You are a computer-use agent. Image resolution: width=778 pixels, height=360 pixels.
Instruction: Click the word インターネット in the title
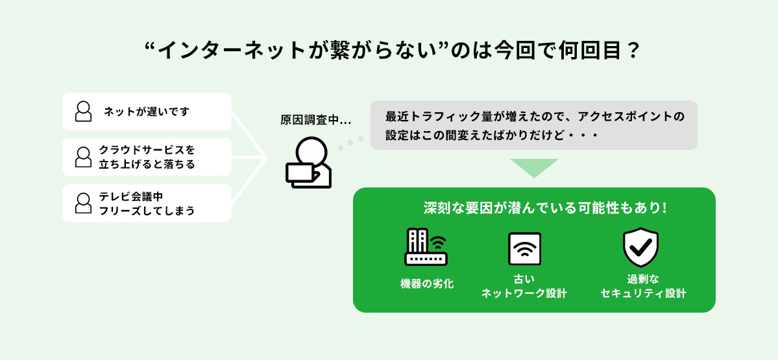click(223, 51)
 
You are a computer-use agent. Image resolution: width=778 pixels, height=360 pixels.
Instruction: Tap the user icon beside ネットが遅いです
click(83, 112)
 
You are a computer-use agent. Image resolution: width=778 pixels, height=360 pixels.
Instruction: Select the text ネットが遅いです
click(147, 112)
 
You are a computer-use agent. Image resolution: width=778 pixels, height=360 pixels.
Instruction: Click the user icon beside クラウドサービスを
click(83, 157)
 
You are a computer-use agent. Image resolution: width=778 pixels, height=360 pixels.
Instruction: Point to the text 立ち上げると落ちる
click(147, 165)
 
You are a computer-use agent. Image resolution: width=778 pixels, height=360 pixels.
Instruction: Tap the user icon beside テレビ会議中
click(83, 203)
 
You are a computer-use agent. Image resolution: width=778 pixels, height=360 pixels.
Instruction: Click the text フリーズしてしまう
click(147, 211)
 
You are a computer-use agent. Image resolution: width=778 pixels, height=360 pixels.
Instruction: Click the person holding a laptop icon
click(308, 163)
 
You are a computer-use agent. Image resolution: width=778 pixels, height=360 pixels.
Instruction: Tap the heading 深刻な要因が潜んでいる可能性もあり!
click(545, 209)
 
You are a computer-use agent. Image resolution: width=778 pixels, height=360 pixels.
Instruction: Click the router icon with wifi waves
click(426, 246)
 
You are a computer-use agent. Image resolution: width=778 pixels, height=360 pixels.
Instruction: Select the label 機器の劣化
click(427, 283)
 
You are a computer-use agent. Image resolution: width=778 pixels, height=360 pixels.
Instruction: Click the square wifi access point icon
click(524, 249)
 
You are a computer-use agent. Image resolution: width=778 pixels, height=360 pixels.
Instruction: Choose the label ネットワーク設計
click(524, 293)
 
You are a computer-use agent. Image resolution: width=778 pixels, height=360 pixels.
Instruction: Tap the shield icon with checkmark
click(640, 247)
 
